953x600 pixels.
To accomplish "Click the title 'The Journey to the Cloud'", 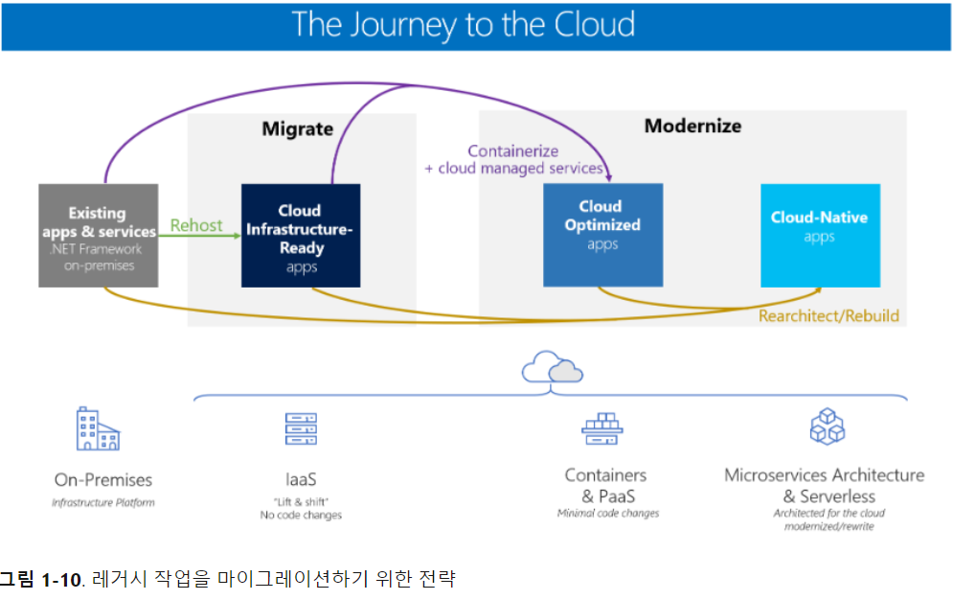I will [463, 25].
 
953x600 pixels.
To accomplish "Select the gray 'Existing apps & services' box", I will [98, 236].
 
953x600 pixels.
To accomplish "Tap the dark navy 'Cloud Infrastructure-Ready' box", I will [301, 236].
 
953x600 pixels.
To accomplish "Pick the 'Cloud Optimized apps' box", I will [602, 235].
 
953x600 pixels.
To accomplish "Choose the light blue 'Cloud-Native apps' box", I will [819, 235].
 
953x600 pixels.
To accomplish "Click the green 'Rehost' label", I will [196, 226].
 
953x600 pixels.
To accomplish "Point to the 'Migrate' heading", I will [298, 128].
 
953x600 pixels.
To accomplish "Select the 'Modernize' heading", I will [692, 126].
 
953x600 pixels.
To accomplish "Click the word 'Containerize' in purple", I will [512, 150].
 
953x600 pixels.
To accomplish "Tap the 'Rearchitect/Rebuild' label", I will [828, 315].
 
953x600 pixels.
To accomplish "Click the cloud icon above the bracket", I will [552, 368].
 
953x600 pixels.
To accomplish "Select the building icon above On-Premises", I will [98, 429].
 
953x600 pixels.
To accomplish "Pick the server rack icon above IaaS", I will [300, 428].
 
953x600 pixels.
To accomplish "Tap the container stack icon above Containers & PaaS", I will [602, 428].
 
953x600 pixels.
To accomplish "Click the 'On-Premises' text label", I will [102, 479].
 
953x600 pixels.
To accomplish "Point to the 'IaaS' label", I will [301, 479].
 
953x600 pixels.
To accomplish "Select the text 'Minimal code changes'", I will [608, 514].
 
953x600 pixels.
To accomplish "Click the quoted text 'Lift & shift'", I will [301, 501].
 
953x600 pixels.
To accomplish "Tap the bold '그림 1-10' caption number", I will [40, 579].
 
